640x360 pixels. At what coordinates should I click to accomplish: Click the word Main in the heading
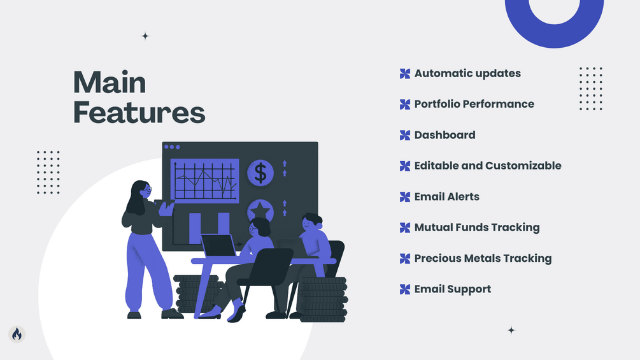tap(110, 82)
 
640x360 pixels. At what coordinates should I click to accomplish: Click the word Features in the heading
tap(139, 112)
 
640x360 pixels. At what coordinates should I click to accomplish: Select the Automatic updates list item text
tap(467, 73)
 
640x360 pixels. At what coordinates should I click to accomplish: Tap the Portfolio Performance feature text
tap(474, 104)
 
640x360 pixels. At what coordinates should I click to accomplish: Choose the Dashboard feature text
tap(445, 135)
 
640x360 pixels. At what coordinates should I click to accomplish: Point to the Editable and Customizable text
tap(488, 166)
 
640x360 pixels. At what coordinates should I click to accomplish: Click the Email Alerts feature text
tap(447, 197)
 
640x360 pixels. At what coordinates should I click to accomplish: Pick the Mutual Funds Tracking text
tap(477, 227)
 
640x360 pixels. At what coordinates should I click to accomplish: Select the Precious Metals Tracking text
tap(483, 258)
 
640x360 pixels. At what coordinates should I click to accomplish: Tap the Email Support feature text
tap(453, 289)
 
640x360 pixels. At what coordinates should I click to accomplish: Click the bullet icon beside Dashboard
tap(405, 135)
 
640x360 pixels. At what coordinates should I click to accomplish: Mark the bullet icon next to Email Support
tap(405, 289)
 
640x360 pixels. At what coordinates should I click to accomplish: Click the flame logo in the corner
tap(17, 335)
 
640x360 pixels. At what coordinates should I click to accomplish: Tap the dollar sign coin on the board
tap(260, 173)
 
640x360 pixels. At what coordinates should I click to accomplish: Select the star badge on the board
tap(260, 211)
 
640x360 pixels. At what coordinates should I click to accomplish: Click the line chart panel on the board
tap(204, 180)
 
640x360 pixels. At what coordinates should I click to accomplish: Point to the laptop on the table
tap(218, 245)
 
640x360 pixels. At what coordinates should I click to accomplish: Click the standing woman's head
tap(140, 191)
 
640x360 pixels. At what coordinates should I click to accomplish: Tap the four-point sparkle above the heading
tap(145, 36)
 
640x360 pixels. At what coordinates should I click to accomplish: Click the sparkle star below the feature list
tap(511, 330)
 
